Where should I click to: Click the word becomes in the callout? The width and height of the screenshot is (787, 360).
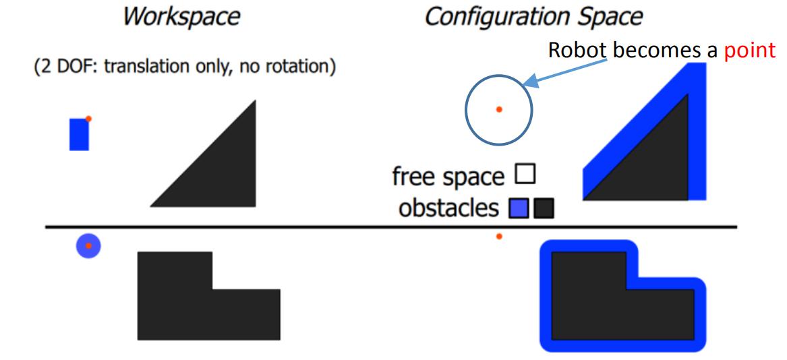tap(639, 51)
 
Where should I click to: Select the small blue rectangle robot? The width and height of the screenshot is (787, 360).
tap(79, 134)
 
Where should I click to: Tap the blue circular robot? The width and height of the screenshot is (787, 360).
tap(88, 245)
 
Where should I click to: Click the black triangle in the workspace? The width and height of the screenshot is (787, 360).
tap(223, 175)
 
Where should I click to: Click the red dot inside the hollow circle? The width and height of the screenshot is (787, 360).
tap(499, 109)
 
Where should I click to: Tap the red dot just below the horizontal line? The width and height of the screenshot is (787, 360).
tap(499, 237)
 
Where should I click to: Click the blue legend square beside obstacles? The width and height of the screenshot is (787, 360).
tap(519, 209)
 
